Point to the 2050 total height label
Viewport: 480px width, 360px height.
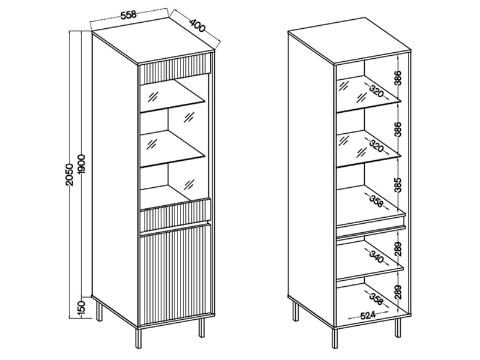70,173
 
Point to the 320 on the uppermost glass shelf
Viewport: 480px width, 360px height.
376,91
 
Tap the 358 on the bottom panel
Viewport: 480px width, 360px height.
376,298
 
